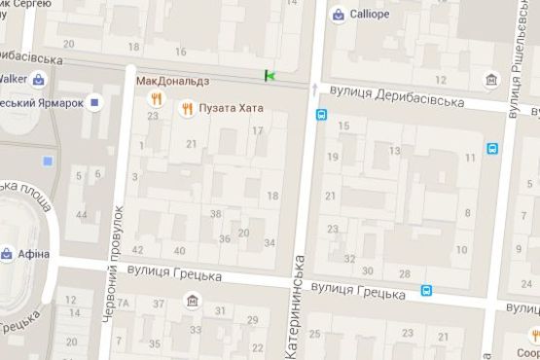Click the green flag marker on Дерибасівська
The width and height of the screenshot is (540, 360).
[x=270, y=75]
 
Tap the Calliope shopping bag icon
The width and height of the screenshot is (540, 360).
[x=338, y=15]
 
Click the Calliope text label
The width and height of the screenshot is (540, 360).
[x=370, y=15]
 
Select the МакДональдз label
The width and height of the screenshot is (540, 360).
[x=172, y=80]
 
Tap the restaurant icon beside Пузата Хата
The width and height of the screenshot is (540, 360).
[x=187, y=108]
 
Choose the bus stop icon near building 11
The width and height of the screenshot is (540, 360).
[x=492, y=149]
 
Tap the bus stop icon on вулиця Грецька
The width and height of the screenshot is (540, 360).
[x=426, y=290]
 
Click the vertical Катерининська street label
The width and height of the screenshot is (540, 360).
[x=300, y=289]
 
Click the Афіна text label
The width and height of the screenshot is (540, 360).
[x=33, y=255]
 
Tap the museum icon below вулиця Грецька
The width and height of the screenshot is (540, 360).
[x=192, y=300]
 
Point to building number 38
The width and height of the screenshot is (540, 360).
[x=215, y=214]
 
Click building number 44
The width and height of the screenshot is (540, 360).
[x=82, y=214]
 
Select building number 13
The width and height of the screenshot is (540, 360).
[x=394, y=151]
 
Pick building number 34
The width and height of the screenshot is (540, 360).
[x=270, y=242]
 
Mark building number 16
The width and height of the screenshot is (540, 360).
[x=180, y=51]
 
